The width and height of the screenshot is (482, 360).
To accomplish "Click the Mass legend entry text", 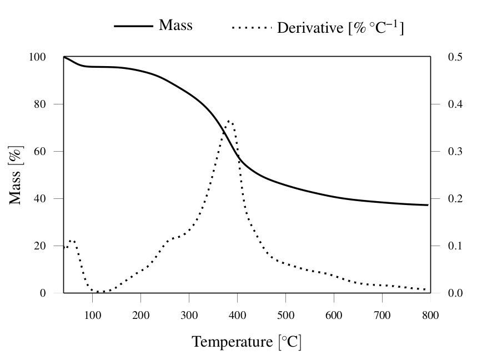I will click(x=175, y=25).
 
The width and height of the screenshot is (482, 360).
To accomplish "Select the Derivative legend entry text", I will click(x=340, y=27).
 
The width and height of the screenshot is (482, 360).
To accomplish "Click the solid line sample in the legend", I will click(x=134, y=26).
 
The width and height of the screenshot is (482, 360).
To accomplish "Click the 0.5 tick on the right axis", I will click(x=452, y=57).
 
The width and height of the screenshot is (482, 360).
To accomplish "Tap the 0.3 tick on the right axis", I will click(x=452, y=151).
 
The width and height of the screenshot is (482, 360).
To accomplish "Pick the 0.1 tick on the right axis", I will click(x=452, y=246).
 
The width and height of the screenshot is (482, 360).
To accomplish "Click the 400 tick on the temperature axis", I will click(x=237, y=316).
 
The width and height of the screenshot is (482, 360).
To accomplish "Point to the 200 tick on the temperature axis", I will click(x=141, y=316).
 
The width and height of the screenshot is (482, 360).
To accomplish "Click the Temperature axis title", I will click(x=247, y=342).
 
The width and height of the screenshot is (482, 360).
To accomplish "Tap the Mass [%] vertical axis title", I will click(x=17, y=175).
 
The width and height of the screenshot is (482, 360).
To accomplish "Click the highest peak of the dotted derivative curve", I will click(x=229, y=121).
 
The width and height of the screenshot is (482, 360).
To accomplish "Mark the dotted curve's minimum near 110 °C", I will click(x=99, y=292).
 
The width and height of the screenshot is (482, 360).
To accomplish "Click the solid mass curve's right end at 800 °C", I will click(x=428, y=205).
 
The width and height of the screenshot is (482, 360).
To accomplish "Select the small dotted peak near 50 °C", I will click(x=71, y=241).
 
